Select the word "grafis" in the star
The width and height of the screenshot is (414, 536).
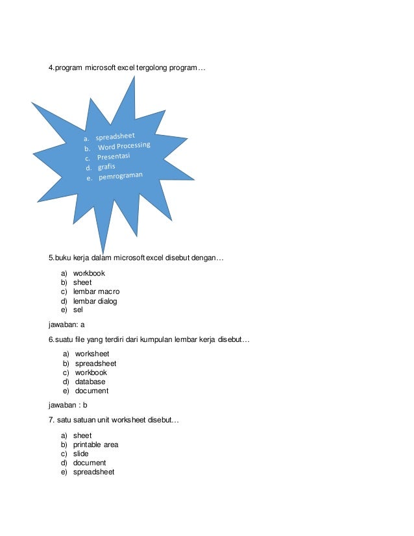pos(108,168)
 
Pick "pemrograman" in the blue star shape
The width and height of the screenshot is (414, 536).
pos(120,177)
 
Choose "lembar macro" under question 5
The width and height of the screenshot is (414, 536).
pos(96,292)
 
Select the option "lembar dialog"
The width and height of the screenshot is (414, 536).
pos(95,301)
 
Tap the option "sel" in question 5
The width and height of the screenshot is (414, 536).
pos(78,310)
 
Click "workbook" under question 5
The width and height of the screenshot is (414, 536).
pos(89,274)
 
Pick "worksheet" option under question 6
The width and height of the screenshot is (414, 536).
pos(92,354)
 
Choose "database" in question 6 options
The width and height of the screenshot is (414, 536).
pos(90,382)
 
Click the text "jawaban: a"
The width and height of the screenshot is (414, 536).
pos(67,324)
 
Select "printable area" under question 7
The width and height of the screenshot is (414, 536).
pos(95,445)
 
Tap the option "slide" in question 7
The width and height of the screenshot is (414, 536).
pos(80,454)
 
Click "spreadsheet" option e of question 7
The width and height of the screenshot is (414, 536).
pos(93,472)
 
